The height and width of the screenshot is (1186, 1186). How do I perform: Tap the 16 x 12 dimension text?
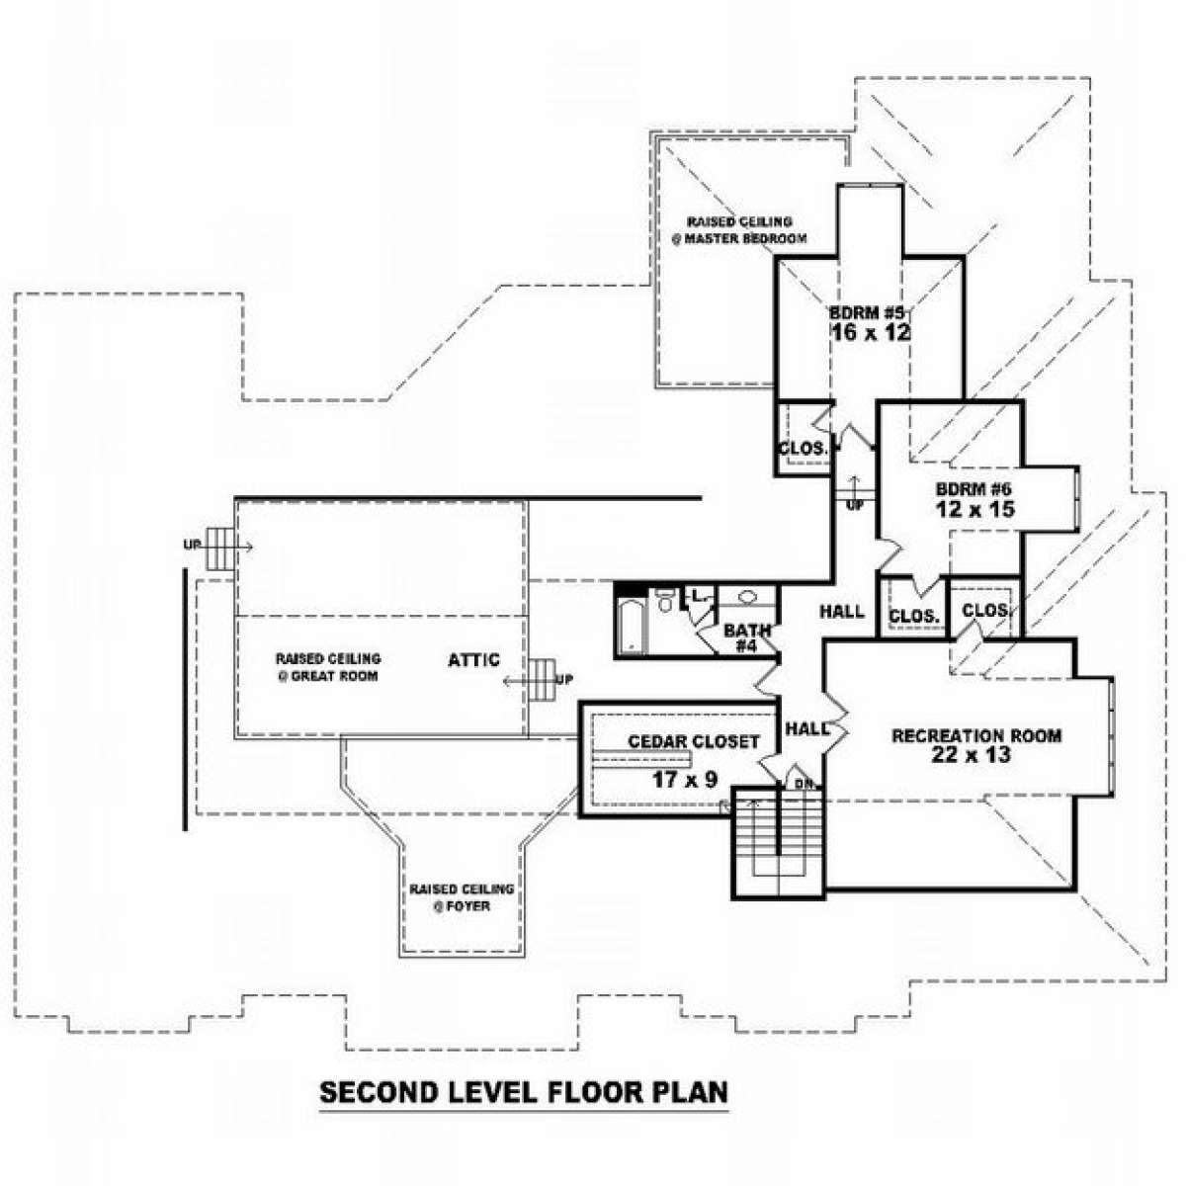870,332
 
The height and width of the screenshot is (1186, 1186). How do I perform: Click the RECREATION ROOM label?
976,735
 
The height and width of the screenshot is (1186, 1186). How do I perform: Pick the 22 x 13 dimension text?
971,755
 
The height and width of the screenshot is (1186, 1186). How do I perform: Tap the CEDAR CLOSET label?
694,741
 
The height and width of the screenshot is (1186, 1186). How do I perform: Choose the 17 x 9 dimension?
684,780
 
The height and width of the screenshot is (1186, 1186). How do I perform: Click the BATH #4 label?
747,637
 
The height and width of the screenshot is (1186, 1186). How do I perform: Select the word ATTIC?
474,660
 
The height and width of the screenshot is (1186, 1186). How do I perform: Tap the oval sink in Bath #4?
747,597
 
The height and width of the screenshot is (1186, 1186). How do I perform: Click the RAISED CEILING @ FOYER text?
462,896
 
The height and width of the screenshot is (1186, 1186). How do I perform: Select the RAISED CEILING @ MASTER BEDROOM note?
739,230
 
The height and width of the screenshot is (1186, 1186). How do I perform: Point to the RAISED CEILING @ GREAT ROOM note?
327,667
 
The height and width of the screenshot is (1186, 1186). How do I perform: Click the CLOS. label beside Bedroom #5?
803,449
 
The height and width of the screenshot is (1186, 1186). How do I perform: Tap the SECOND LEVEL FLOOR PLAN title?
523,1092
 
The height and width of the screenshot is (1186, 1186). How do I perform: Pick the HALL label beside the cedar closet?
806,728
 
